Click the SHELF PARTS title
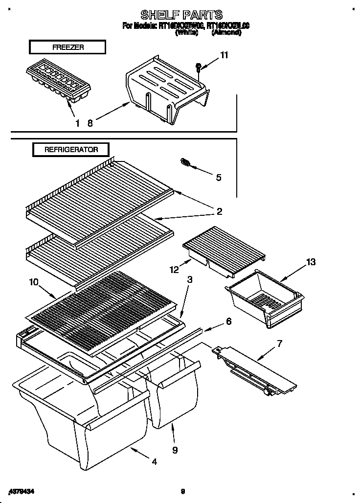click(181, 15)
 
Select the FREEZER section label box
click(67, 47)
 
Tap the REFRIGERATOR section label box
click(71, 150)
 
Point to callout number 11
click(224, 56)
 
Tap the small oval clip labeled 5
click(185, 162)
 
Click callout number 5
click(218, 178)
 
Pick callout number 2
click(219, 211)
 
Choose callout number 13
click(311, 262)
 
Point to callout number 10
click(33, 282)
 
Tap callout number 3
click(190, 279)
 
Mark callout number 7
click(279, 343)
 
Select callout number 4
click(155, 461)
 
